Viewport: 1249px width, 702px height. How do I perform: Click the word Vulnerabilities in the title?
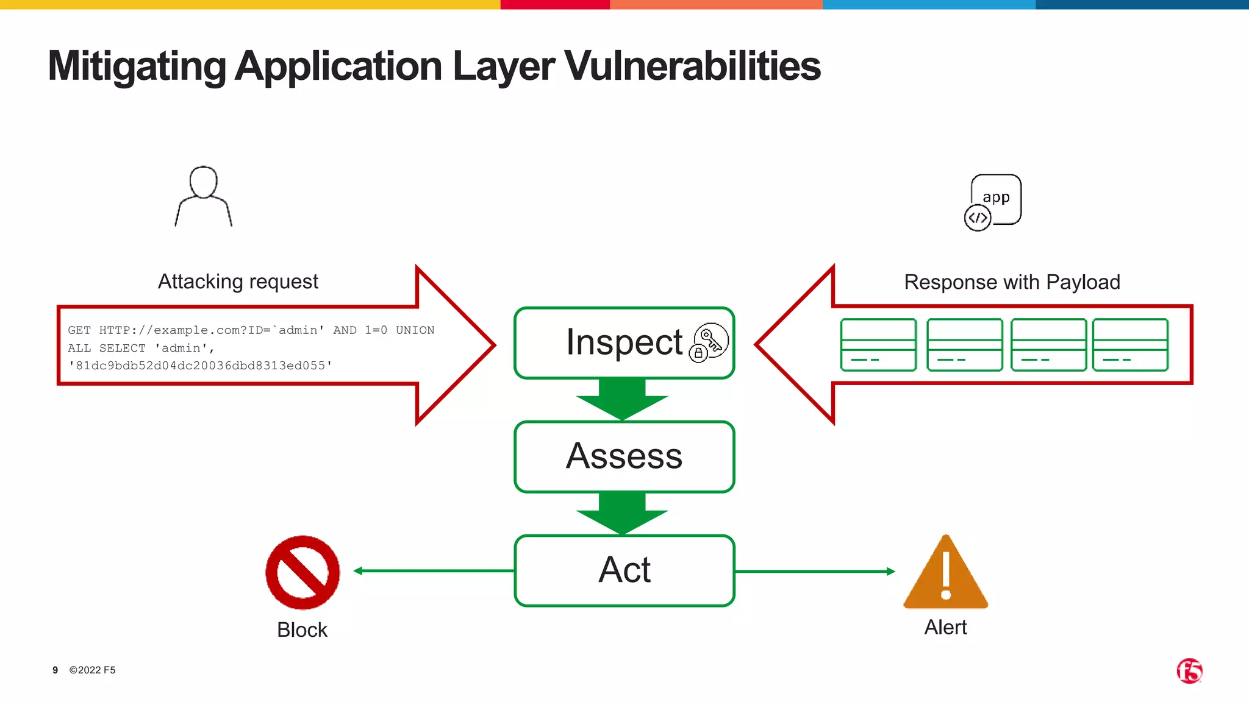coord(692,66)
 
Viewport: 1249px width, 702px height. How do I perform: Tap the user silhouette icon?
coord(204,196)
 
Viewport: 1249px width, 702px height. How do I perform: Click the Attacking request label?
coord(238,282)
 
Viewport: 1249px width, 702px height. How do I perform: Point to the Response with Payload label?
coord(1012,282)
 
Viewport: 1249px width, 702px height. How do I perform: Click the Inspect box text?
coord(623,342)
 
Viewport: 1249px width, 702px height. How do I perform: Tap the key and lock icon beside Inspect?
coord(709,342)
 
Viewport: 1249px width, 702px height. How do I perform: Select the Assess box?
coord(624,456)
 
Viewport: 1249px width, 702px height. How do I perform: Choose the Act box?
coord(624,570)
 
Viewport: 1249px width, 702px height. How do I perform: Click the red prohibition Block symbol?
coord(302,572)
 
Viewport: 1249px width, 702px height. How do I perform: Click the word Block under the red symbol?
coord(302,629)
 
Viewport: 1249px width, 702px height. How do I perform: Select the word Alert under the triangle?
coord(945,627)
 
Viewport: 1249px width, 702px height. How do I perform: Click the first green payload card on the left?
coord(878,345)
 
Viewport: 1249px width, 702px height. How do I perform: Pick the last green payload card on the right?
coord(1130,345)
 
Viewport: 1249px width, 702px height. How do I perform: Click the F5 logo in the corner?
coord(1189,671)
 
